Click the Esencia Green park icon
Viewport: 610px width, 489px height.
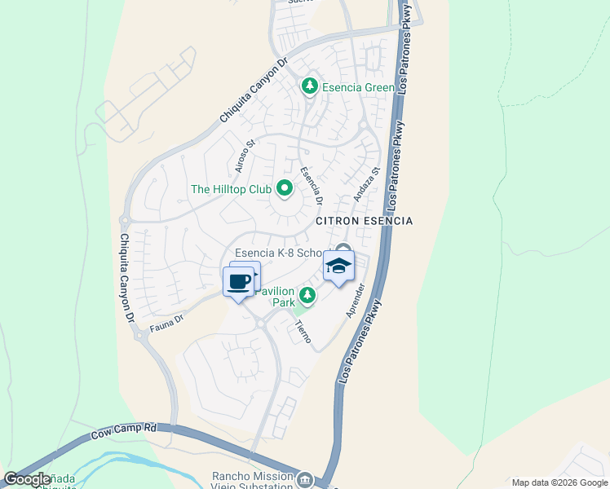pos(309,86)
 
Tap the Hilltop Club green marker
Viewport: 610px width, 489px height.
pos(285,189)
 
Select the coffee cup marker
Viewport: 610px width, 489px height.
pos(238,282)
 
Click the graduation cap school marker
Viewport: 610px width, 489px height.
pos(339,267)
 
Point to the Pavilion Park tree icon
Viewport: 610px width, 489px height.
pos(307,295)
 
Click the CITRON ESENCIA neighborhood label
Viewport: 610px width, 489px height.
pos(365,221)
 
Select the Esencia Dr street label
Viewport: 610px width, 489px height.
pos(312,186)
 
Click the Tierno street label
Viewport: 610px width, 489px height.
pos(303,330)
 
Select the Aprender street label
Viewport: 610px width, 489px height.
pos(354,300)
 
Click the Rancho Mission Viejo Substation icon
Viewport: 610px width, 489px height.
pos(305,478)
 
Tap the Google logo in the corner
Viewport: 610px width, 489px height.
pos(27,479)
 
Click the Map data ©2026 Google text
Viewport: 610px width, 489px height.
pos(559,482)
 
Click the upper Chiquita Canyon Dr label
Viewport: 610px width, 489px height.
pos(254,91)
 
